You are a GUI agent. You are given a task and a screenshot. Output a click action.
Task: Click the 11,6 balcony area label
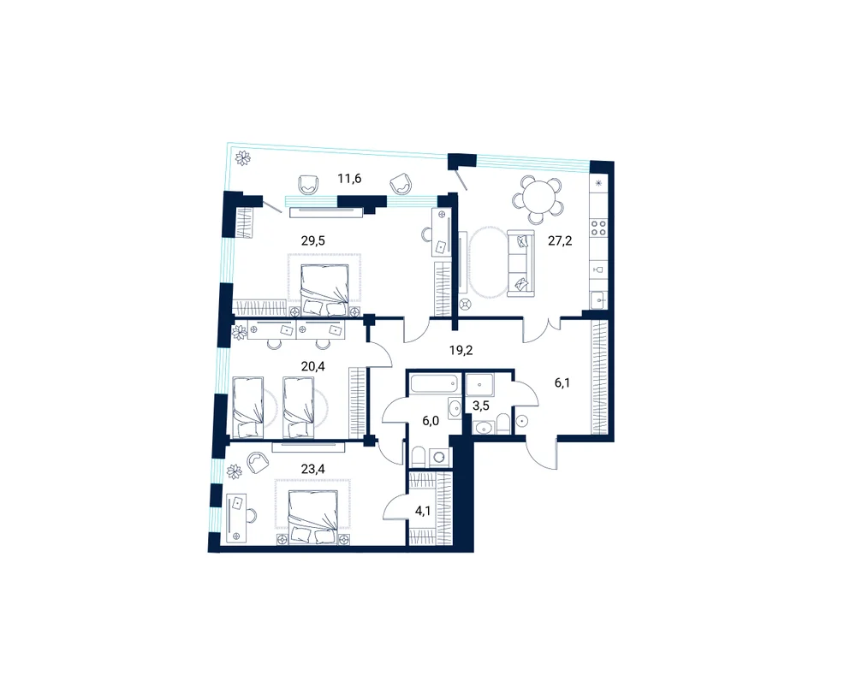click(x=349, y=179)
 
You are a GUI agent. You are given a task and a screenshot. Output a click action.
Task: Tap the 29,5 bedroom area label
click(x=312, y=240)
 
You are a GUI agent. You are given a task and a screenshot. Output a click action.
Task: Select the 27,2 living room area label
click(x=560, y=240)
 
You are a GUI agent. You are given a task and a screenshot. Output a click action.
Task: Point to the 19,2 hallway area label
click(x=461, y=350)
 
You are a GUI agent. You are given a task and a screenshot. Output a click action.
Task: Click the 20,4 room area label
click(x=312, y=367)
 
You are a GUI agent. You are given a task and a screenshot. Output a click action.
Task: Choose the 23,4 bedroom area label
click(x=312, y=468)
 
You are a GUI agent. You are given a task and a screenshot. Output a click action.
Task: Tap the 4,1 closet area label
click(x=423, y=512)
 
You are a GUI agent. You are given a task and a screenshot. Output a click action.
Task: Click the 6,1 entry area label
click(x=562, y=383)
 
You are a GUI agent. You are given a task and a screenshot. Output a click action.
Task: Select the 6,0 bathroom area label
click(x=431, y=421)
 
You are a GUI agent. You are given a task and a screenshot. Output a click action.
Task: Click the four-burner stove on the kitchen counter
click(x=599, y=228)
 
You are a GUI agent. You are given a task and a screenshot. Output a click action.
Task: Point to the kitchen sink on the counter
click(x=599, y=300)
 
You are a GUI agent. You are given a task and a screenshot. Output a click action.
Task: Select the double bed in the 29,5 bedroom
click(x=324, y=290)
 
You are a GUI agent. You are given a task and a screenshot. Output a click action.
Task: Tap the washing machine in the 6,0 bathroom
click(x=439, y=457)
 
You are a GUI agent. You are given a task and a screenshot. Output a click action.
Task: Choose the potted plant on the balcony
click(x=242, y=158)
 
